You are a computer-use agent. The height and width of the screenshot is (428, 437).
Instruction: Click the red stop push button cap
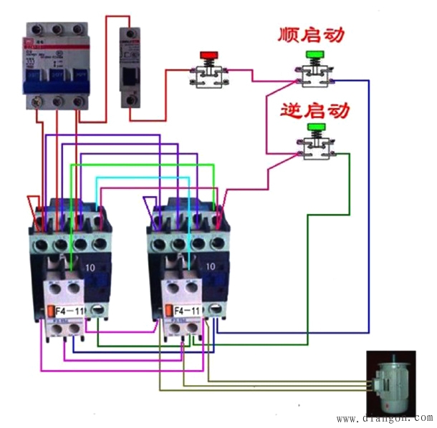click(x=208, y=55)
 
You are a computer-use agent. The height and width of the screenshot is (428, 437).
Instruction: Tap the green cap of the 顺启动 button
click(x=313, y=55)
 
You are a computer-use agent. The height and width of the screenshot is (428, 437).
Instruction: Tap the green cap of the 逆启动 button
click(x=314, y=128)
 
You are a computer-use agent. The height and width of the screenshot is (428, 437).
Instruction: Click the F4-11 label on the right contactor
click(x=188, y=311)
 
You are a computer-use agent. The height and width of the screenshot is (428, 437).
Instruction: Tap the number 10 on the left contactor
click(x=92, y=266)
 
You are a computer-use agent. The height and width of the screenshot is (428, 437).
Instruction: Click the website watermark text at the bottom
click(x=385, y=418)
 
